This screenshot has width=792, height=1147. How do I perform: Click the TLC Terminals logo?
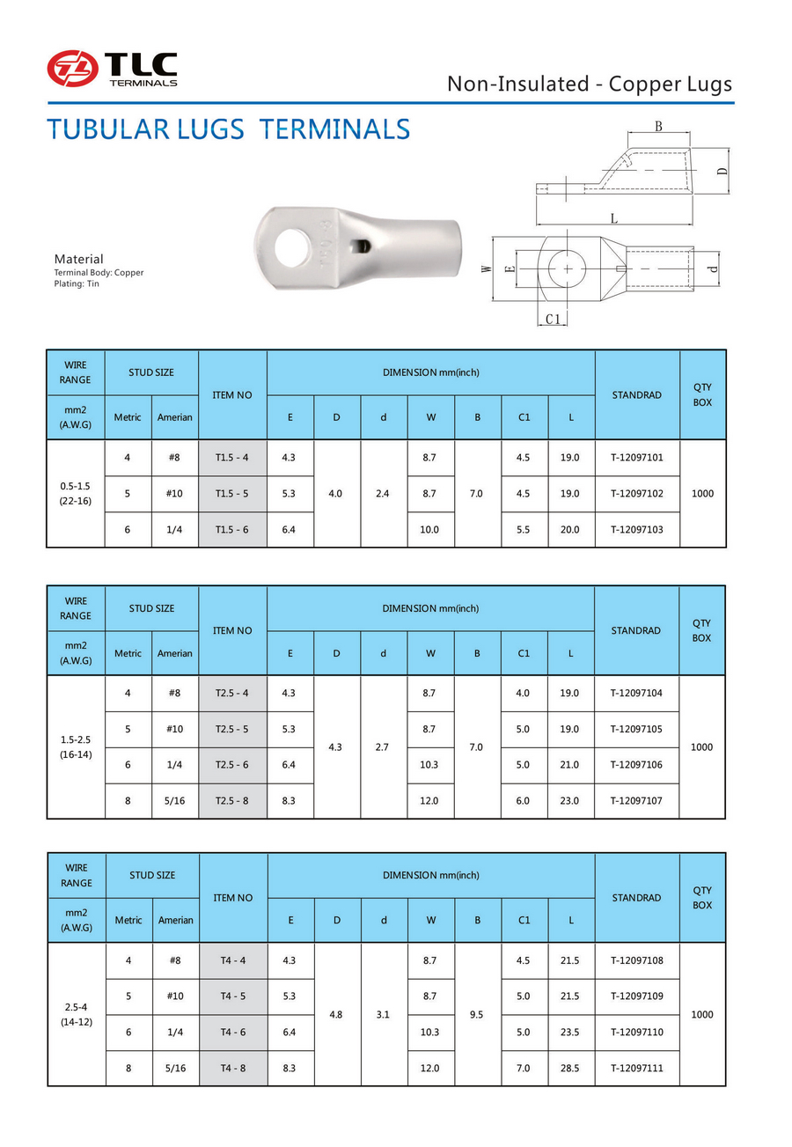[112, 69]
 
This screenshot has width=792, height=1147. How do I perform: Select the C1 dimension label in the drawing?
[553, 319]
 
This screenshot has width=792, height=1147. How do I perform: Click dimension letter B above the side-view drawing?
[657, 127]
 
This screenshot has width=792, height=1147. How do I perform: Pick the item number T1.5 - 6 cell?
[232, 529]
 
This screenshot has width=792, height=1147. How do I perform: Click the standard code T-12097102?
[636, 494]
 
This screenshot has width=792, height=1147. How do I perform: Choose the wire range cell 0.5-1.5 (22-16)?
[76, 493]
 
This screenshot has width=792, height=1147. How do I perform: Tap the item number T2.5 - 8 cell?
[232, 801]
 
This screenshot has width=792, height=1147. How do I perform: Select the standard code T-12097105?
[636, 729]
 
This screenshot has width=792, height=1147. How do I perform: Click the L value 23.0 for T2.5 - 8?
[570, 801]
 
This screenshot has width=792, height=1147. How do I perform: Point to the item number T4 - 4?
[232, 960]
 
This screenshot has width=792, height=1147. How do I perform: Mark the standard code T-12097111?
[636, 1068]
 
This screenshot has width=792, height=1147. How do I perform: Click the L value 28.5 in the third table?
[570, 1068]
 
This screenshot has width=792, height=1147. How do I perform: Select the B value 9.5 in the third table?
[477, 1014]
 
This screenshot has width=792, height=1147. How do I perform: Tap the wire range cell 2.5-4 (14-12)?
[76, 1014]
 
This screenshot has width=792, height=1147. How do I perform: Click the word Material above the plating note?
[78, 259]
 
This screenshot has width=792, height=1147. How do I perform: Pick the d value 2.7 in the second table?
[383, 747]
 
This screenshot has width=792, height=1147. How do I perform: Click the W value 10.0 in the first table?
[429, 529]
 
